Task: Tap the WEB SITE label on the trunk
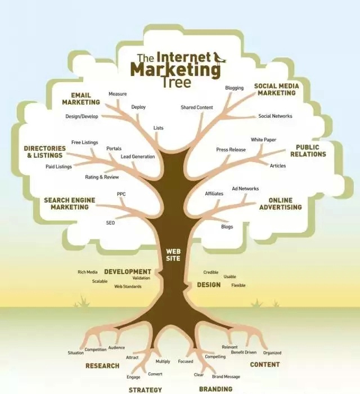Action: [x=173, y=254]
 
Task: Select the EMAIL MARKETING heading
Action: [x=81, y=98]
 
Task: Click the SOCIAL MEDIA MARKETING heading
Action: [x=276, y=89]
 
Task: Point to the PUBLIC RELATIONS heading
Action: [x=308, y=151]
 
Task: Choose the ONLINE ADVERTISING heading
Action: [x=280, y=204]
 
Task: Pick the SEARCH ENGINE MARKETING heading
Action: [x=70, y=203]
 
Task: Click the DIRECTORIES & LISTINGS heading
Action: [x=44, y=152]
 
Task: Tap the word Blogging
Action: [x=234, y=88]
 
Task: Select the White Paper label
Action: [x=263, y=140]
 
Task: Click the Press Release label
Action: [x=231, y=150]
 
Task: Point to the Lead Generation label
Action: [x=138, y=156]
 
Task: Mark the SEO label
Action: [x=110, y=223]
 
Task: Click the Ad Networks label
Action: [x=245, y=189]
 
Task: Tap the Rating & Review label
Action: [x=102, y=177]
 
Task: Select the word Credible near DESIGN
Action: [x=211, y=272]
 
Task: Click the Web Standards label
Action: [x=128, y=286]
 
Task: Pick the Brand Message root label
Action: [x=226, y=377]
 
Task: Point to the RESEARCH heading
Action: [x=102, y=366]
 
